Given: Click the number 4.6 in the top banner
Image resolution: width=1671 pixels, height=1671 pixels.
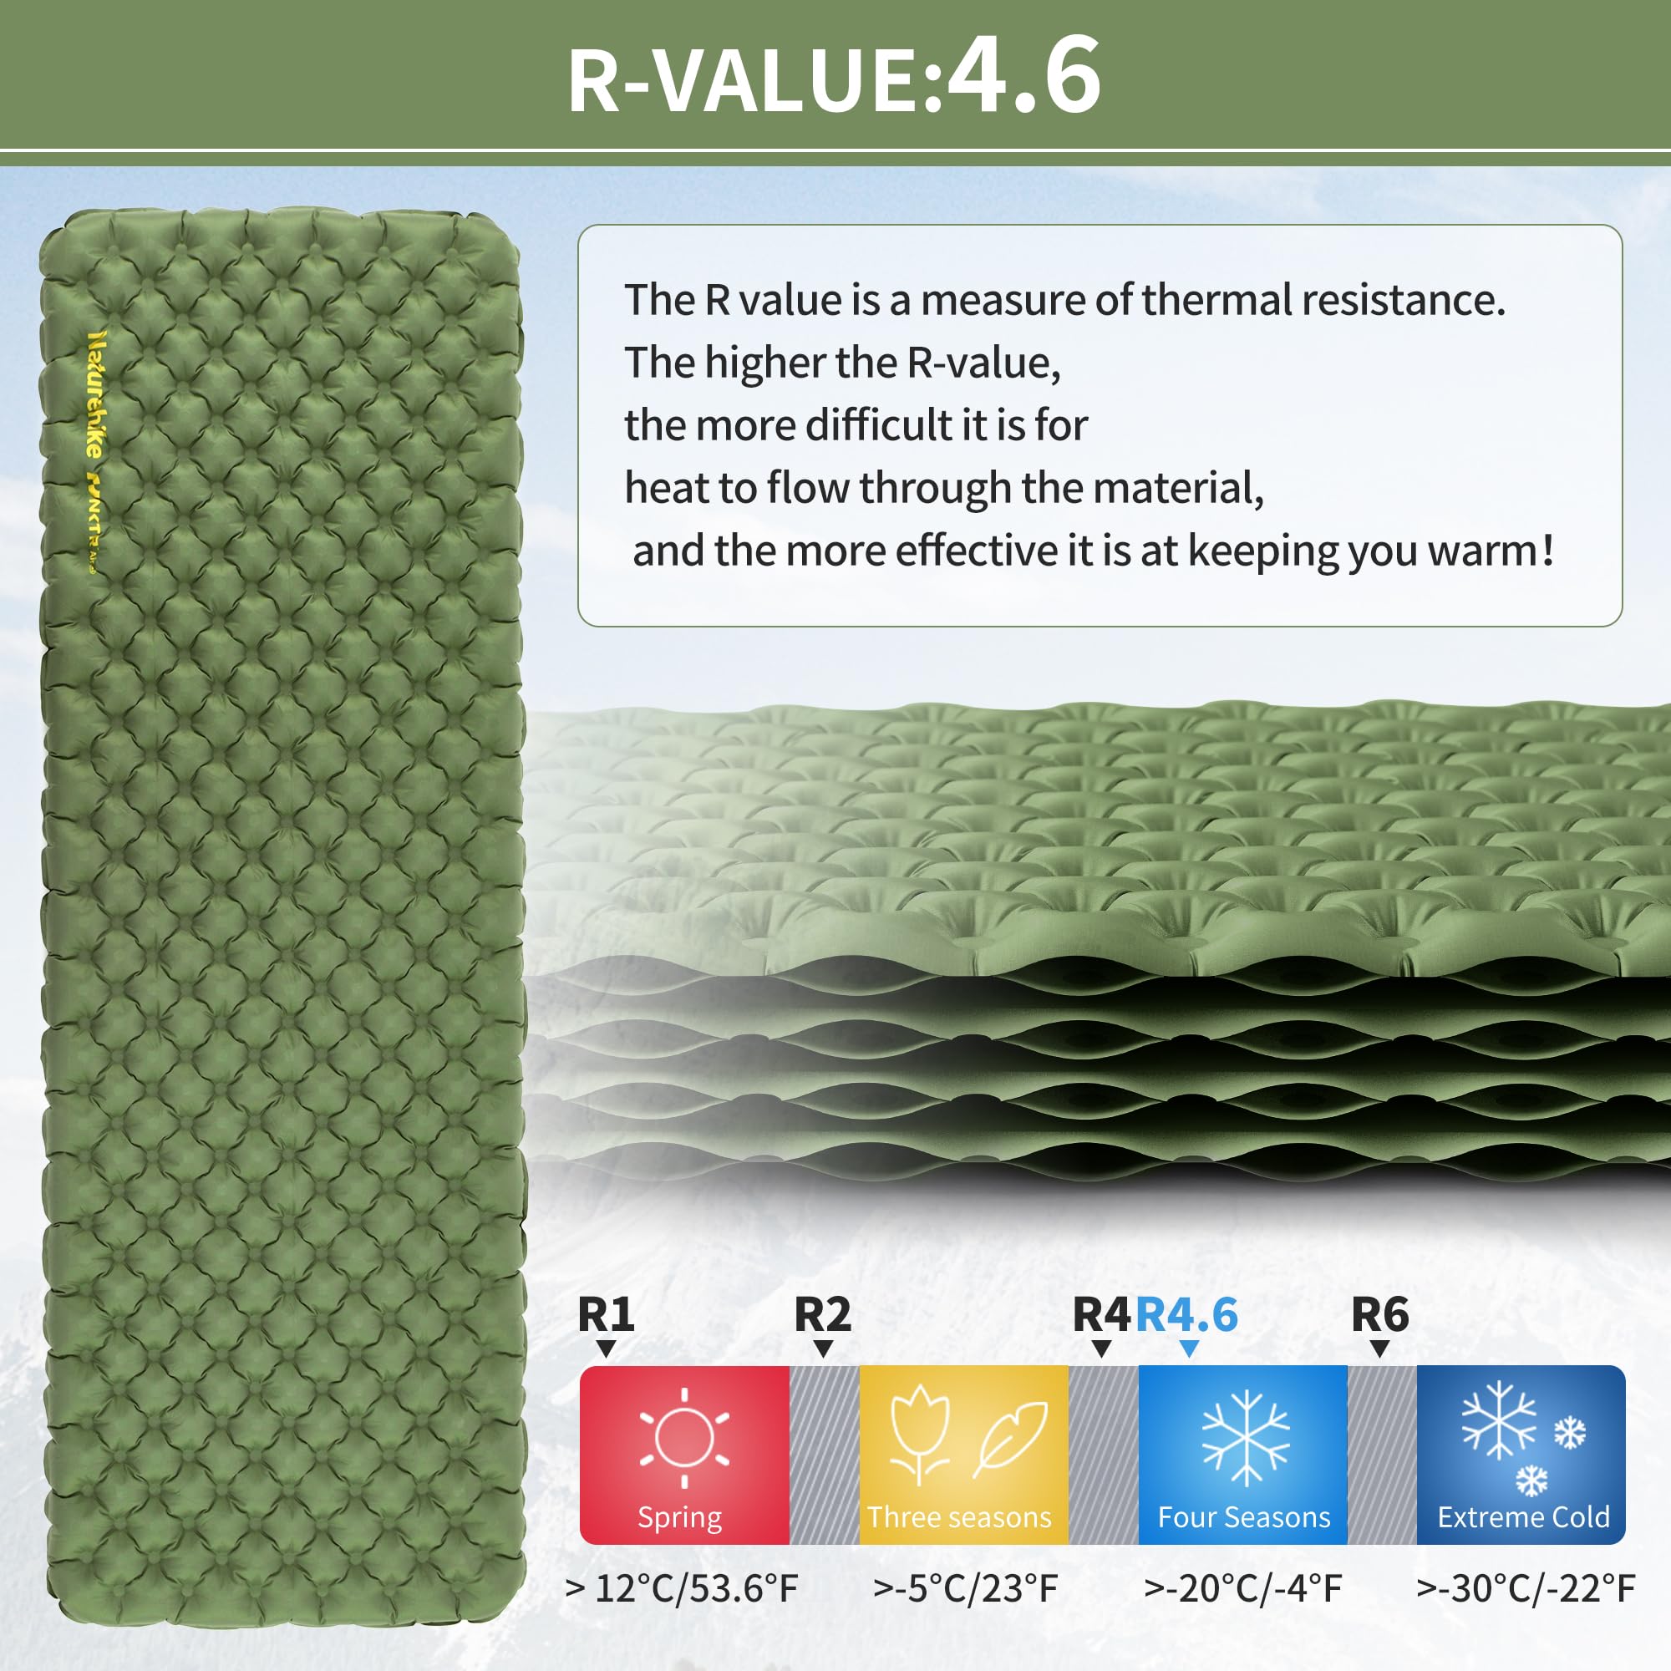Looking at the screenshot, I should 1024,76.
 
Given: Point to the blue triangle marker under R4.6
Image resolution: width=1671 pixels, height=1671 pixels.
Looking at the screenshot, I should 1189,1349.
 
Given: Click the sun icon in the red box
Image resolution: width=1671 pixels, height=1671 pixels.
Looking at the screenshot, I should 684,1437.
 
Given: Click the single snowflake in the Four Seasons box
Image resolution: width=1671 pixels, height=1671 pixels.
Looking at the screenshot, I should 1246,1437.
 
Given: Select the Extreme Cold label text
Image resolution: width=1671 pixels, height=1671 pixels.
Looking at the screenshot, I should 1523,1517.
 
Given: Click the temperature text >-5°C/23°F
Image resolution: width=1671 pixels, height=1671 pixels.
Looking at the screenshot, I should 965,1588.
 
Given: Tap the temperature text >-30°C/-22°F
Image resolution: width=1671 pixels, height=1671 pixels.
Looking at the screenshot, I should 1526,1588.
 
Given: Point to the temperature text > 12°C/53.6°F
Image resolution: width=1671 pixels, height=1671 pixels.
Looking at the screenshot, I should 682,1588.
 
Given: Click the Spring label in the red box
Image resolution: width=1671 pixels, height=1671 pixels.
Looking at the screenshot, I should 680,1518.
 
